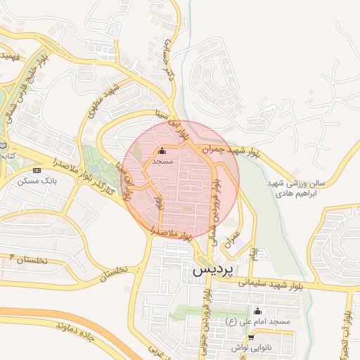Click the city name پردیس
213,269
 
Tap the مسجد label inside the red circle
162,161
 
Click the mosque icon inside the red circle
162,150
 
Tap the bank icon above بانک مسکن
37,170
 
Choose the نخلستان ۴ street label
26,259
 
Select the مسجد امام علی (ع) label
257,321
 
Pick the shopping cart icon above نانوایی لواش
251,337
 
